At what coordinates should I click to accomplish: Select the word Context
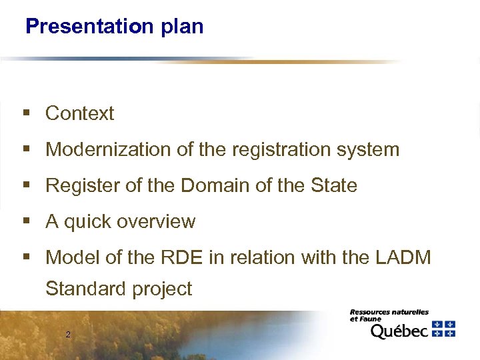pos(79,113)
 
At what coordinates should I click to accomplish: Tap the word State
pos(333,185)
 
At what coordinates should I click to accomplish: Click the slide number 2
pos(68,334)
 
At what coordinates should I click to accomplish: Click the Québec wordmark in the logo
pos(399,331)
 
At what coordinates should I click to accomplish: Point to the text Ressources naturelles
pos(389,312)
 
